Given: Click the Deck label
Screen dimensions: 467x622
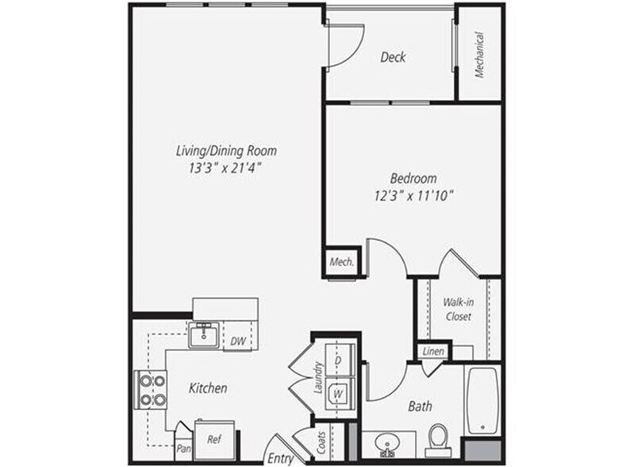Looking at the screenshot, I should pyautogui.click(x=394, y=56).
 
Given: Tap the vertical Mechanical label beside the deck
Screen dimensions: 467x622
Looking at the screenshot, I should pyautogui.click(x=480, y=55).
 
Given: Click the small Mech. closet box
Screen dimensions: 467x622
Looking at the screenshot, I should pyautogui.click(x=342, y=261).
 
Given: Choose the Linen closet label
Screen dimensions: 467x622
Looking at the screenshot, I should pyautogui.click(x=433, y=351).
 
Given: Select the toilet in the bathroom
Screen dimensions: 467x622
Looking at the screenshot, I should pyautogui.click(x=439, y=436).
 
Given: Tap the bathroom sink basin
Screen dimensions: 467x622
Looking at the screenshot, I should pyautogui.click(x=390, y=442).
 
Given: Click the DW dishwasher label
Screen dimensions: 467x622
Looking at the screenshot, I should pyautogui.click(x=237, y=342).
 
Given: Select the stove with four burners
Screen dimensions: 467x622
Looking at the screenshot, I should pyautogui.click(x=152, y=390).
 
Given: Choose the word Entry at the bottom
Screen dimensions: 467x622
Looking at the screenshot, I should pyautogui.click(x=280, y=458).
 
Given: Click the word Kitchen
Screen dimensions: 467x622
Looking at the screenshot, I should pyautogui.click(x=208, y=388).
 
